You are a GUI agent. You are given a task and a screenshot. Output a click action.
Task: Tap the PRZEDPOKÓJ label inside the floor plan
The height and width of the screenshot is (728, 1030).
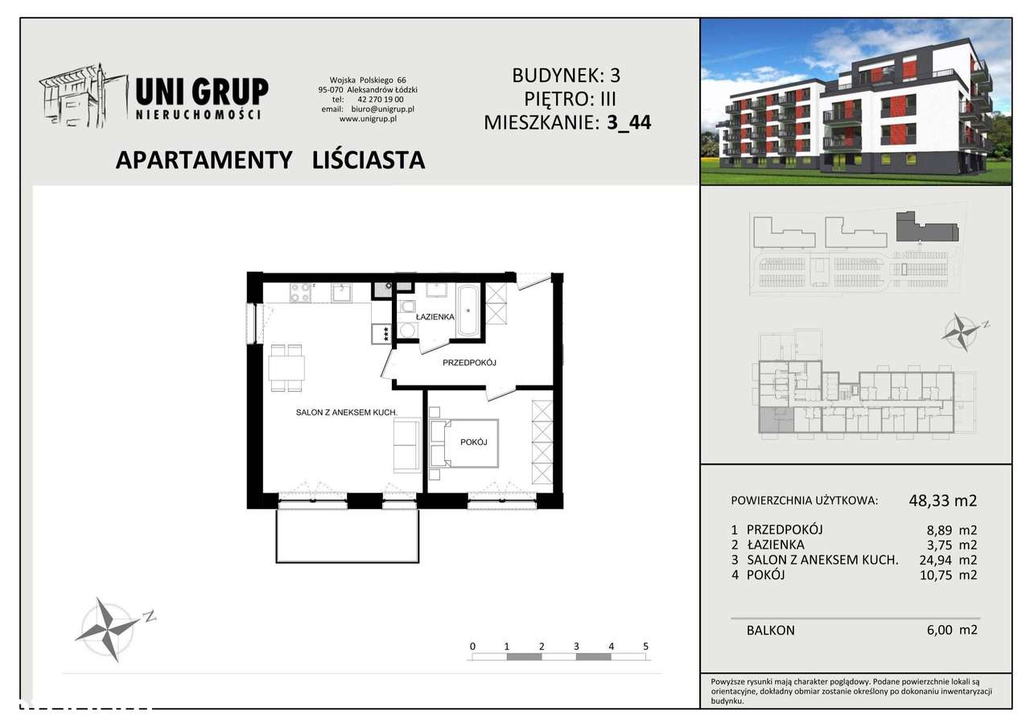pyautogui.click(x=469, y=363)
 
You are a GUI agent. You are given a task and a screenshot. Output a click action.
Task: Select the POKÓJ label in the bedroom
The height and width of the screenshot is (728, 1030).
pyautogui.click(x=474, y=442)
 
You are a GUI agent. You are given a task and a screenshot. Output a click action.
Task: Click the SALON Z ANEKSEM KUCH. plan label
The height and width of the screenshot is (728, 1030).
pyautogui.click(x=344, y=412)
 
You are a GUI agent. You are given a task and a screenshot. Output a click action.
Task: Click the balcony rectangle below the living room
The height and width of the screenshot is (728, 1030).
pyautogui.click(x=347, y=536)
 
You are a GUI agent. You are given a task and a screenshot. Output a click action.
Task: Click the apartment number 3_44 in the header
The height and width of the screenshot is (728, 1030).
pyautogui.click(x=628, y=123)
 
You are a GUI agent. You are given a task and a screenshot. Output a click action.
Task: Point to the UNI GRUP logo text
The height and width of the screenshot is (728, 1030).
pyautogui.click(x=201, y=92)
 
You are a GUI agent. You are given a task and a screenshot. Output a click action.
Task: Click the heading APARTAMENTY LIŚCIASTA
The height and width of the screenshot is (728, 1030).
pyautogui.click(x=270, y=160)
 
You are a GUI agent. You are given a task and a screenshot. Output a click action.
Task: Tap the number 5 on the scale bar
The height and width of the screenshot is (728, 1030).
pyautogui.click(x=645, y=646)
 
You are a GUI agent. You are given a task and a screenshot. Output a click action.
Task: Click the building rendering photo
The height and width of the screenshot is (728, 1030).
pyautogui.click(x=856, y=101)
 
